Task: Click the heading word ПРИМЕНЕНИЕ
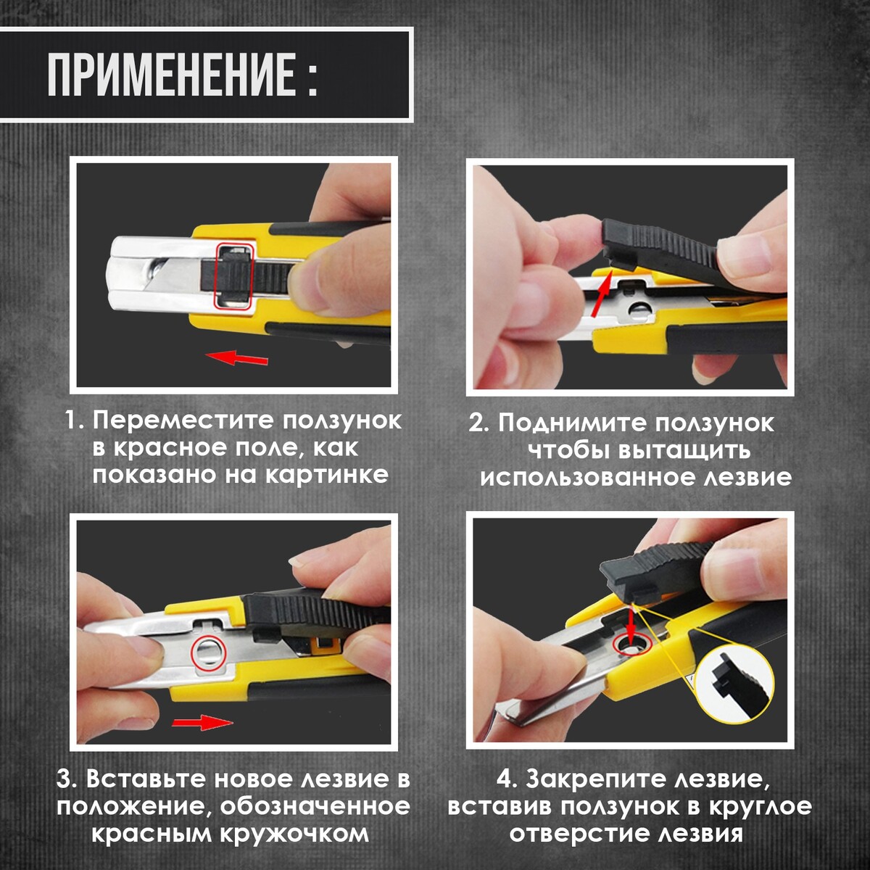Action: coord(172,75)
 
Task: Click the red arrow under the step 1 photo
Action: coord(236,358)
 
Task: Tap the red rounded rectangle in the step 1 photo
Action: coord(234,276)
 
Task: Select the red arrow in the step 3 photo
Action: coord(202,722)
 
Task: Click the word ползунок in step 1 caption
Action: coord(343,420)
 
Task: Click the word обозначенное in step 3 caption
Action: coord(315,806)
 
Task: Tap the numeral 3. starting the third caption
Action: coord(67,779)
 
